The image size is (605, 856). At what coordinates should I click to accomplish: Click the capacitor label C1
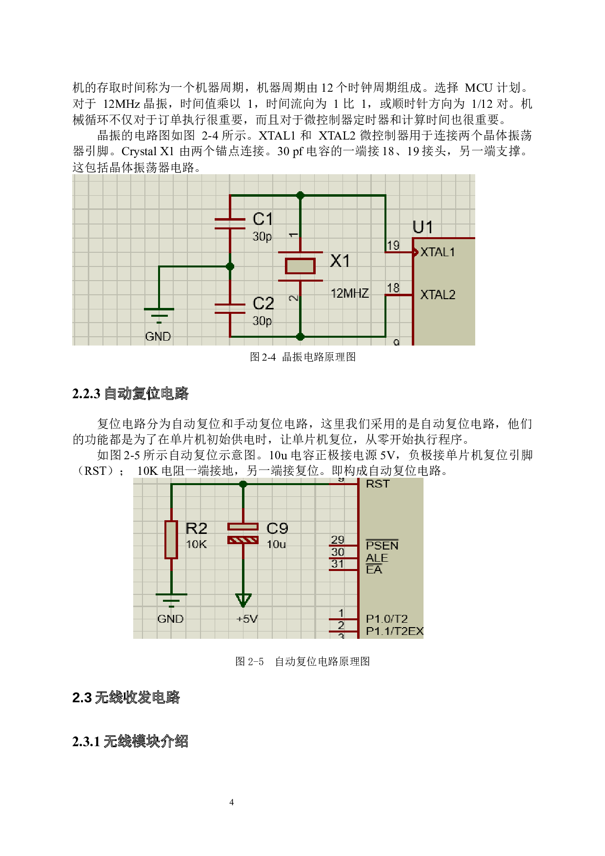click(262, 219)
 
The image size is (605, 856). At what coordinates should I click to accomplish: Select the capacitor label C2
click(263, 304)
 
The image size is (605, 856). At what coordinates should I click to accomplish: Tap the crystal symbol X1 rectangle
click(300, 266)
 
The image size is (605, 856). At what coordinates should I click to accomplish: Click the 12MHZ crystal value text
click(349, 293)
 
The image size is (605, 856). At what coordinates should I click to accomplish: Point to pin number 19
click(393, 245)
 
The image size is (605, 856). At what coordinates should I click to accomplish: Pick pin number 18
click(393, 288)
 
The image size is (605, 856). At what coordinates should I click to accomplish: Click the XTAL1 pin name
click(438, 252)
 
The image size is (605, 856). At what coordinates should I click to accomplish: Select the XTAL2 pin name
click(438, 295)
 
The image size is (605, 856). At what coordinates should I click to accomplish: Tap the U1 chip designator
click(423, 227)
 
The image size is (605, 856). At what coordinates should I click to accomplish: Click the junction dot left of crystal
click(230, 266)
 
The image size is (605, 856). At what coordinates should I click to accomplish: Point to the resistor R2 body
click(171, 539)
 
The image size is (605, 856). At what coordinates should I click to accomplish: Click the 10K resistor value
click(196, 544)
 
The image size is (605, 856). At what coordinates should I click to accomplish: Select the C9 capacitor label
click(277, 528)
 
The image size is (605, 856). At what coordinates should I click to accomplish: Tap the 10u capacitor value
click(276, 544)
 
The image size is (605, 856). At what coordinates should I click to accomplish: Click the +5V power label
click(247, 619)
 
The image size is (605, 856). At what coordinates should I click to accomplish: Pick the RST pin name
click(378, 484)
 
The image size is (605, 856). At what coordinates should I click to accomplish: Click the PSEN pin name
click(382, 546)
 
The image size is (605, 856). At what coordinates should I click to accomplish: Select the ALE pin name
click(377, 558)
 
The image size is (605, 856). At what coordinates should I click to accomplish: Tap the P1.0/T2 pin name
click(386, 619)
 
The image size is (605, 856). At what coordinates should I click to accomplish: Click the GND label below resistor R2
click(170, 619)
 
